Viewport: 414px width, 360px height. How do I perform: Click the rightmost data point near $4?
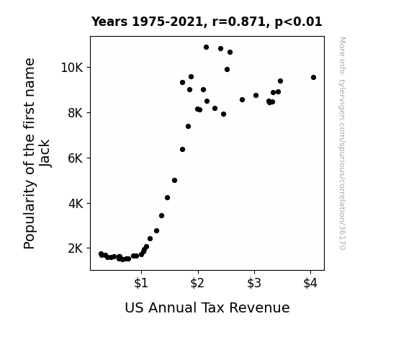click(x=313, y=77)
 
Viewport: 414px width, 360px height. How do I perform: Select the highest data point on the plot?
click(x=206, y=48)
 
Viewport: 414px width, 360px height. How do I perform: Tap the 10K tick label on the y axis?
click(x=72, y=68)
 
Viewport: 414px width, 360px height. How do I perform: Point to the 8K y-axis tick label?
click(x=76, y=113)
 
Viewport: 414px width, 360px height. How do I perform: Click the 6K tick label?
click(x=76, y=158)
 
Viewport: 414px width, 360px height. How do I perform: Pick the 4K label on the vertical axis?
click(x=76, y=204)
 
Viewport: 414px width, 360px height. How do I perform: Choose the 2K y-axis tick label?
click(x=76, y=248)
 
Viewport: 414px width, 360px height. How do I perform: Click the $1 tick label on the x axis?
click(x=141, y=283)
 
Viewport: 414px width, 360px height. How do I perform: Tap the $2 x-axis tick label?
click(x=197, y=283)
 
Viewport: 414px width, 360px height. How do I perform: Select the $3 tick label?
click(x=254, y=283)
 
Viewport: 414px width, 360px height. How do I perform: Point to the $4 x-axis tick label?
click(x=310, y=283)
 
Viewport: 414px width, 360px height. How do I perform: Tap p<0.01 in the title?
click(x=298, y=22)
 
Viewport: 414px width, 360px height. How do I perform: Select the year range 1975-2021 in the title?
click(x=167, y=22)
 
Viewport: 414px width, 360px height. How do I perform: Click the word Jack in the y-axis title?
click(x=45, y=153)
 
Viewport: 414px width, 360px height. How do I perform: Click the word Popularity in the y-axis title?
click(x=29, y=215)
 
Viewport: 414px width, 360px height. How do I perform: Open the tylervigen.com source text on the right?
click(x=342, y=143)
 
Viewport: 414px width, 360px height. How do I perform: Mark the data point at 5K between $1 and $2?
click(x=174, y=181)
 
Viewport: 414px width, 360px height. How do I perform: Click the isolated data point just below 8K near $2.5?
click(x=223, y=114)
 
